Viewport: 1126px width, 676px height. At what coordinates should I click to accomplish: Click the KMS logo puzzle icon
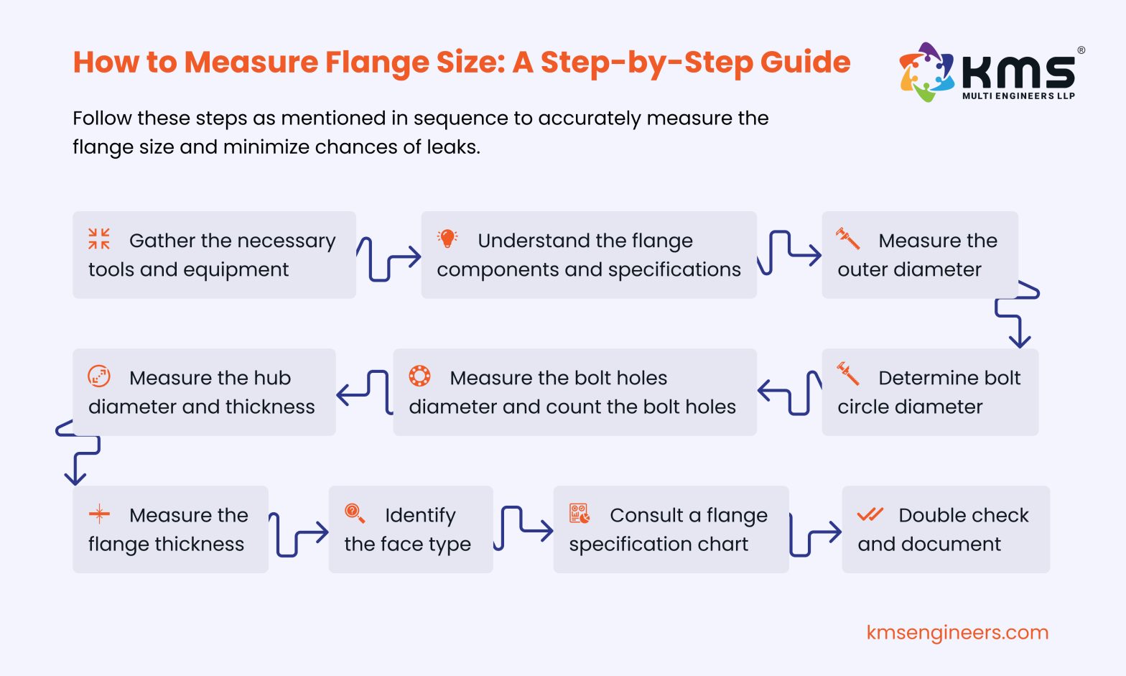click(x=926, y=72)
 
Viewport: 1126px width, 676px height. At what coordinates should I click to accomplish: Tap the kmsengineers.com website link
click(x=957, y=633)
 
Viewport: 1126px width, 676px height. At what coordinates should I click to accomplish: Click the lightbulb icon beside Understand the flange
click(x=447, y=239)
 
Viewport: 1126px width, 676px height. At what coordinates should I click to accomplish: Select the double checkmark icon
click(x=870, y=514)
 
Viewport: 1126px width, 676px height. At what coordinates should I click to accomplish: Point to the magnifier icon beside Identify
click(x=355, y=513)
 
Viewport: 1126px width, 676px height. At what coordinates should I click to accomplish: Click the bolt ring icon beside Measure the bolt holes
click(x=419, y=376)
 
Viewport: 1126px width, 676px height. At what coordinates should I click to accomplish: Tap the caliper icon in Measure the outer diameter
click(x=847, y=239)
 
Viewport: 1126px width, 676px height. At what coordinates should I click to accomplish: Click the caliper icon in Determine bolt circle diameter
click(x=847, y=374)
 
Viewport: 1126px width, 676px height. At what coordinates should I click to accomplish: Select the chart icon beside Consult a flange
click(x=579, y=513)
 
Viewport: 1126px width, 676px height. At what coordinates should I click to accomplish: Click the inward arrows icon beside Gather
click(x=99, y=239)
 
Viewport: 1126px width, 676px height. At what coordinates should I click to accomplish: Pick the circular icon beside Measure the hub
click(x=99, y=376)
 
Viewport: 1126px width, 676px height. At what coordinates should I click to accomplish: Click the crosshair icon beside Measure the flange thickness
click(x=99, y=514)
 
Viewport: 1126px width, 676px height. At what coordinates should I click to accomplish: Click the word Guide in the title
click(x=805, y=62)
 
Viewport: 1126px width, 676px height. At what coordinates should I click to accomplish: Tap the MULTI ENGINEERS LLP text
click(x=1018, y=96)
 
